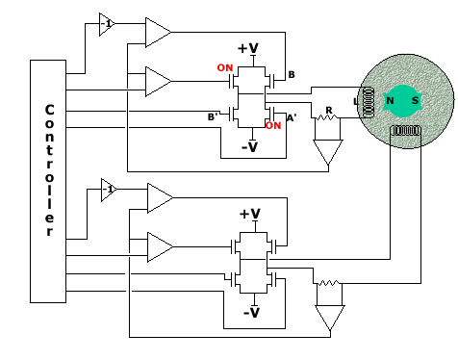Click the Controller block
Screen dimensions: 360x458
pyautogui.click(x=48, y=181)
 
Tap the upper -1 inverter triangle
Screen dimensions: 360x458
pyautogui.click(x=106, y=24)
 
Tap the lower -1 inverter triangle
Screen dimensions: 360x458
pyautogui.click(x=108, y=190)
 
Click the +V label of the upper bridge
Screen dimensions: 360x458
pyautogui.click(x=247, y=48)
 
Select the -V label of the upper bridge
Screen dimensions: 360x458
pyautogui.click(x=249, y=147)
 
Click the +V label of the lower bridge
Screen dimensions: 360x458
pyautogui.click(x=249, y=214)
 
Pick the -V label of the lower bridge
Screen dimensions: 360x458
pyautogui.click(x=251, y=313)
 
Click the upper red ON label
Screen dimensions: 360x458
pyautogui.click(x=225, y=68)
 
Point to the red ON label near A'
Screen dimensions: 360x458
pyautogui.click(x=273, y=126)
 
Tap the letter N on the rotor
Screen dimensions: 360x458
pyautogui.click(x=390, y=101)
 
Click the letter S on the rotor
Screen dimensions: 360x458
pyautogui.click(x=415, y=101)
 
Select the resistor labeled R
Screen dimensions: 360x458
pyautogui.click(x=328, y=118)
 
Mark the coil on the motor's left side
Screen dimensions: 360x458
pyautogui.click(x=368, y=101)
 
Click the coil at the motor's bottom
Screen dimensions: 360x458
pyautogui.click(x=405, y=130)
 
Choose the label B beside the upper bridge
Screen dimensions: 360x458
pyautogui.click(x=292, y=75)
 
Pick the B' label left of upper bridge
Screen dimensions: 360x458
pyautogui.click(x=213, y=117)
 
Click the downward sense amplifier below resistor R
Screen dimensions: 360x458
pyautogui.click(x=327, y=152)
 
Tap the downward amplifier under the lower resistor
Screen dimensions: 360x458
pyautogui.click(x=329, y=318)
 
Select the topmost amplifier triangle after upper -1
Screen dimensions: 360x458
pyautogui.click(x=156, y=32)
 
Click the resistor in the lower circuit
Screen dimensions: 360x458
pyautogui.click(x=329, y=285)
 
